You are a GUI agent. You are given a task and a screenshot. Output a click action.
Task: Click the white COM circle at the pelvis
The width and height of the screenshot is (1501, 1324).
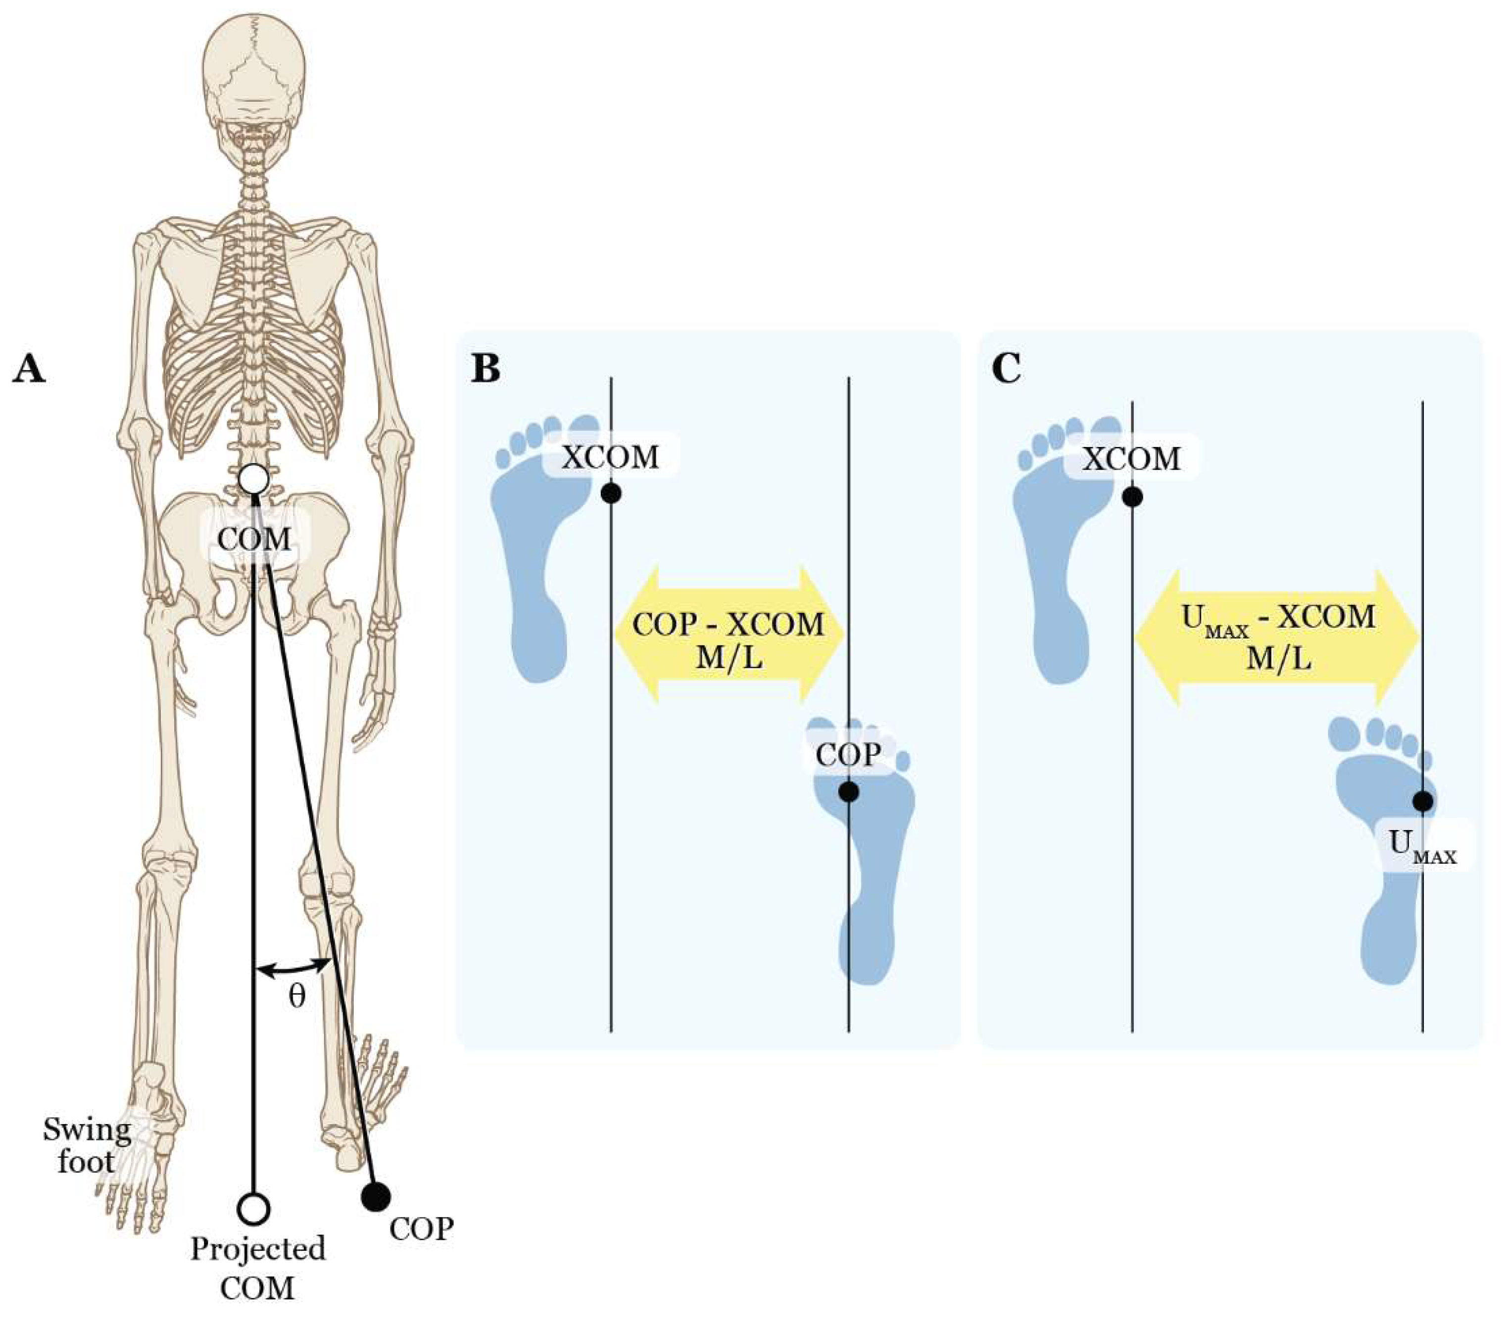254,479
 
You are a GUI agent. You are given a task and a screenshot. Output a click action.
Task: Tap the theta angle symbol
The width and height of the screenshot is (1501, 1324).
296,996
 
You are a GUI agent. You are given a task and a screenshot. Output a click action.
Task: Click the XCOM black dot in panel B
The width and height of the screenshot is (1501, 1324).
611,493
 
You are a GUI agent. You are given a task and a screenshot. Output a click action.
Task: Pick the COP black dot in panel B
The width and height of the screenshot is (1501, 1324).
849,791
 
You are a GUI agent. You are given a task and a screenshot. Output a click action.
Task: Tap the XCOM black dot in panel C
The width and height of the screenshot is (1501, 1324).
1132,497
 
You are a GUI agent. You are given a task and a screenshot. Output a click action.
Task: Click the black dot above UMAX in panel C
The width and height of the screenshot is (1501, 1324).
1422,801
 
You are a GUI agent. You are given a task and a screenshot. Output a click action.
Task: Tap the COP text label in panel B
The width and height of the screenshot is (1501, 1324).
848,754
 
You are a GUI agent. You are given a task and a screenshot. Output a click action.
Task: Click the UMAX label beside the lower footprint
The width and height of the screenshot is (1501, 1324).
1422,845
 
